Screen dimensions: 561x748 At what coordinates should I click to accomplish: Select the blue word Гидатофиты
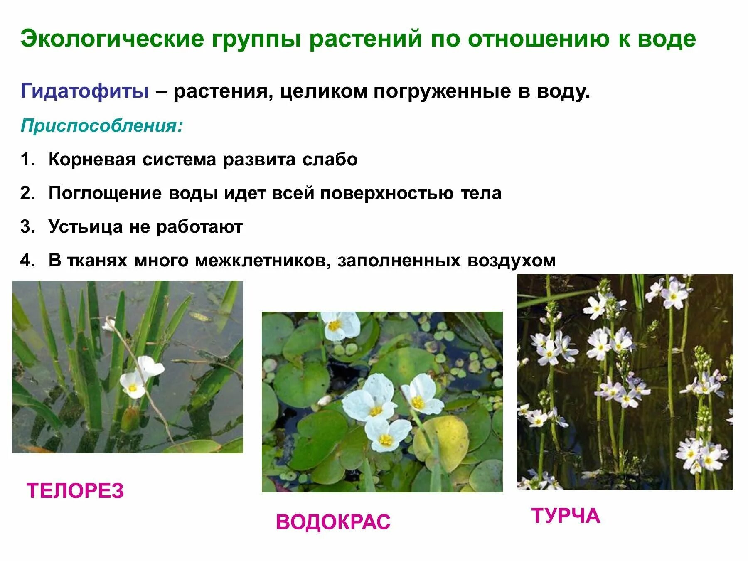(84, 91)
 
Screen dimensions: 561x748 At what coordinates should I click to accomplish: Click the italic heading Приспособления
(102, 125)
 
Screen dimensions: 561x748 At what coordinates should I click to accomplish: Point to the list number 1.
(27, 160)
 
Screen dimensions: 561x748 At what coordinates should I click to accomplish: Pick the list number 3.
(27, 227)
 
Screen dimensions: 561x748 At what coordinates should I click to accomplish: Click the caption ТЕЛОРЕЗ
(75, 491)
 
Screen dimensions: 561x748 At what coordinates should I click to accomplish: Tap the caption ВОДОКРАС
(333, 522)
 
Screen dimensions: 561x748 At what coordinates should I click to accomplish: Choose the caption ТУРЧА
(566, 516)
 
